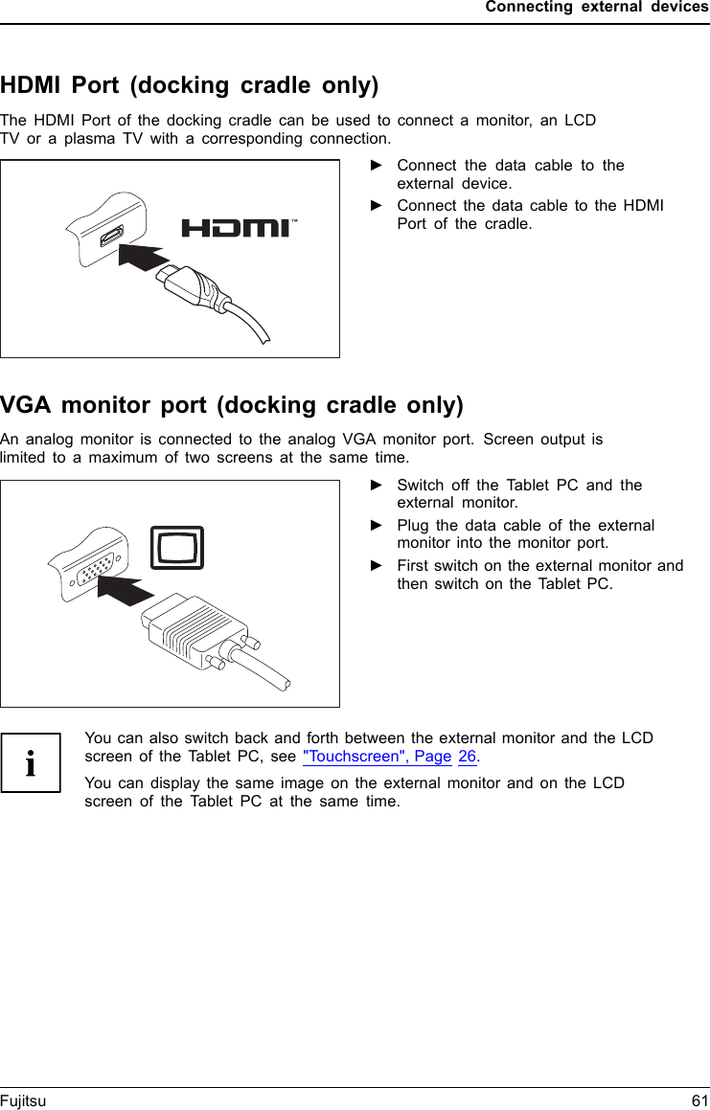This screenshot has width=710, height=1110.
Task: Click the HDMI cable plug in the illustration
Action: coord(196,283)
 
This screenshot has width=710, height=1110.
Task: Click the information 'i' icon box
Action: coord(31,762)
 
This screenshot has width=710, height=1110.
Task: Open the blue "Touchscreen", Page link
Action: coord(377,757)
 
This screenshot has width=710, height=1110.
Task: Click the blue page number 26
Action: coord(467,757)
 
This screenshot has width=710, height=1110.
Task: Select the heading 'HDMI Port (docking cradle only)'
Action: coord(190,85)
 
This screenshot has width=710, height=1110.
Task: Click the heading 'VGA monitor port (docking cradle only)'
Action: coord(232,405)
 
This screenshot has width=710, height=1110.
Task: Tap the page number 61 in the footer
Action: coord(699,1101)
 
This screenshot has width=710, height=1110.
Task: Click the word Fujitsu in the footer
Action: coord(23,1101)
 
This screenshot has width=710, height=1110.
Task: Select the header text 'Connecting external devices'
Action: coord(597,8)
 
